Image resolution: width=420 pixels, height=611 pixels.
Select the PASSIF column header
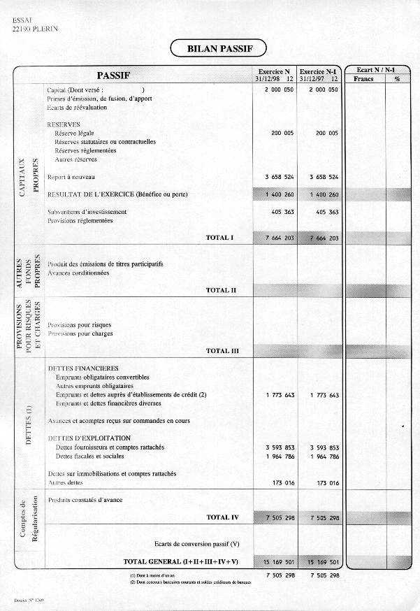(x=113, y=75)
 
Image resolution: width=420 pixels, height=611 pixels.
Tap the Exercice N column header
(x=274, y=75)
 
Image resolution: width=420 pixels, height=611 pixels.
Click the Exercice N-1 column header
(x=318, y=75)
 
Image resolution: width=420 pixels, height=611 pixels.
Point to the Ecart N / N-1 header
(x=375, y=71)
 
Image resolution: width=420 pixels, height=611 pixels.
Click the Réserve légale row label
(x=74, y=133)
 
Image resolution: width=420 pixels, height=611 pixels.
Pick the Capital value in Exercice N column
(x=280, y=90)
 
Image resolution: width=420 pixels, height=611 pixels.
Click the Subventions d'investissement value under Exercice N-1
(x=324, y=212)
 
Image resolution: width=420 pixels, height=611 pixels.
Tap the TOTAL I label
(x=219, y=238)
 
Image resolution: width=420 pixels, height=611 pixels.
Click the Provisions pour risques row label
(x=79, y=324)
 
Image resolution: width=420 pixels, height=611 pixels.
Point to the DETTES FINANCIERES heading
(x=82, y=368)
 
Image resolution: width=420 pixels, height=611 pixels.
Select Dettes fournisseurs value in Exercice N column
(x=280, y=447)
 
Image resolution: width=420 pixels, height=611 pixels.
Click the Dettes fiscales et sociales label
(x=89, y=457)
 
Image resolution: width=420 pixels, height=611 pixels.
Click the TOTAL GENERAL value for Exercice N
(x=279, y=562)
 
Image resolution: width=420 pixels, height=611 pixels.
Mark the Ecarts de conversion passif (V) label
(x=196, y=543)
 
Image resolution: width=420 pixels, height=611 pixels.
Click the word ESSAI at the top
(x=22, y=21)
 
